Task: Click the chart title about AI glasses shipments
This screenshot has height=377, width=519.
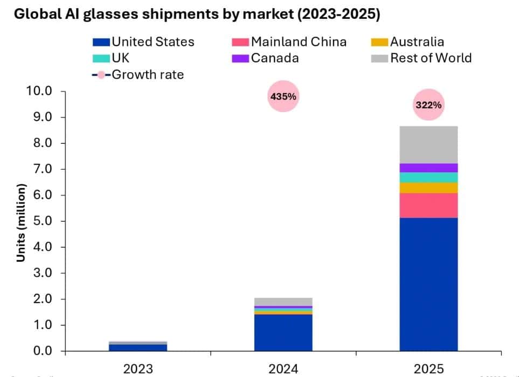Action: (197, 14)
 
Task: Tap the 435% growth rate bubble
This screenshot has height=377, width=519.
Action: (282, 97)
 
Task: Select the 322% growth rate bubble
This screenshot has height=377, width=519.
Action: (428, 105)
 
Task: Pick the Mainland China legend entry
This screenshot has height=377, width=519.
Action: (290, 42)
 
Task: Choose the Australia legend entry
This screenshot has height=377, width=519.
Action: (408, 42)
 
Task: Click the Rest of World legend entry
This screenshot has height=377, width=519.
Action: (422, 58)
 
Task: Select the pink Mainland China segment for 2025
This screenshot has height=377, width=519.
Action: (428, 205)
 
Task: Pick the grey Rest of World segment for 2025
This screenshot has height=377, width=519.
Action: (428, 144)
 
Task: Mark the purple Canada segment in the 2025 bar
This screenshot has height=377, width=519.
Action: (428, 167)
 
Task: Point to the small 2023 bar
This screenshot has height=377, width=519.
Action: (137, 346)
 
